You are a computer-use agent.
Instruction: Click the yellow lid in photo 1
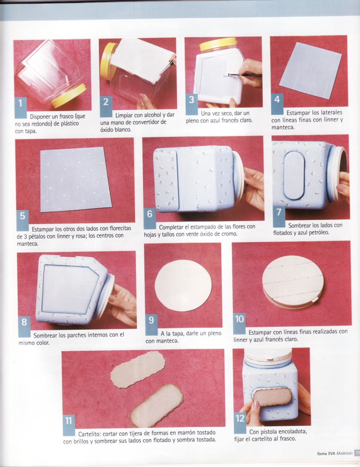(69, 95)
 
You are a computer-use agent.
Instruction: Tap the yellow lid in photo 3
(218, 45)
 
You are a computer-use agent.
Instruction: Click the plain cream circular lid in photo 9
(183, 286)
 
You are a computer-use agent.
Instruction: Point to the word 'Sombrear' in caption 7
(299, 226)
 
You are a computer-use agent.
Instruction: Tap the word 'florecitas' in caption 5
(120, 228)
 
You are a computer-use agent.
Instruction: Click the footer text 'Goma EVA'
(326, 453)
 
